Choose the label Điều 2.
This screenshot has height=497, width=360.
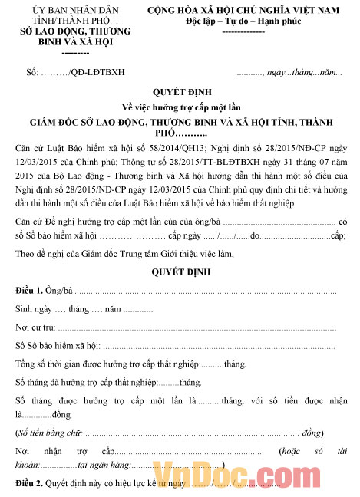point(29,484)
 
